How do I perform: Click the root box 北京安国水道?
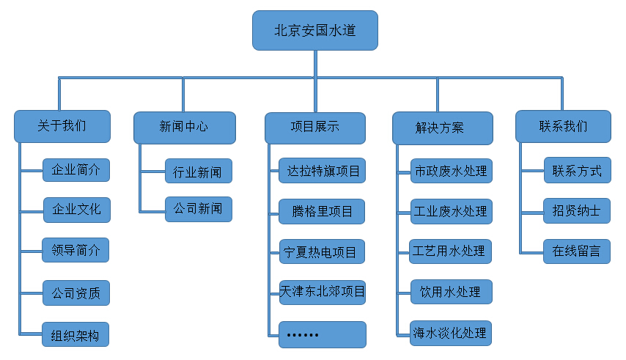[315, 31]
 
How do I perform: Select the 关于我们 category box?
[62, 126]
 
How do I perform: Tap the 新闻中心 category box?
[184, 127]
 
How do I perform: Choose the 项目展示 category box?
[314, 127]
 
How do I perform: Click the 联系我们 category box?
[562, 126]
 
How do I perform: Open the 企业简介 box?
[76, 170]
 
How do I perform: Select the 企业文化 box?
[76, 210]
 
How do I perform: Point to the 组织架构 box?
[76, 334]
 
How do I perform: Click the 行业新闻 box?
[198, 171]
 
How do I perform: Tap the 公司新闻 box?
[198, 209]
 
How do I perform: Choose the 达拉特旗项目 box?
[323, 170]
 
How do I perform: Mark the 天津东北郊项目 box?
[323, 292]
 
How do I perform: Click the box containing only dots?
[323, 334]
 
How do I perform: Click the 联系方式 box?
[577, 170]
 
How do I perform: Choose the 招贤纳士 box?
[577, 210]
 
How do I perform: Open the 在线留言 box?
[577, 251]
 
